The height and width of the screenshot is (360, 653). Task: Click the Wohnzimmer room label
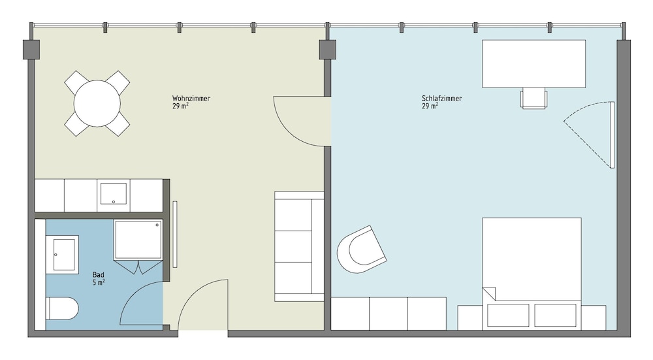pyautogui.click(x=191, y=99)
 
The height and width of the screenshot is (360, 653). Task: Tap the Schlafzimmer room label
pyautogui.click(x=441, y=99)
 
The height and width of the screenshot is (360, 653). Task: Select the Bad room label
pyautogui.click(x=99, y=274)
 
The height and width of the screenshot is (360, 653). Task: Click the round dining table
pyautogui.click(x=97, y=103)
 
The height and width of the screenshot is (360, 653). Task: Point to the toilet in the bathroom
pyautogui.click(x=62, y=308)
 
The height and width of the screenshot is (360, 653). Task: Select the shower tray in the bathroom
pyautogui.click(x=138, y=240)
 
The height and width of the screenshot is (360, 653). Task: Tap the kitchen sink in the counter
pyautogui.click(x=113, y=194)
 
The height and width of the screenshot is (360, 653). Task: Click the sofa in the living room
pyautogui.click(x=299, y=246)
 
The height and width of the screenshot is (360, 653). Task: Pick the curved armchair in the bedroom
pyautogui.click(x=360, y=250)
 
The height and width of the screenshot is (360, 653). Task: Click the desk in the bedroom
pyautogui.click(x=534, y=64)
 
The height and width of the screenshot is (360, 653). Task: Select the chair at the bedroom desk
pyautogui.click(x=534, y=99)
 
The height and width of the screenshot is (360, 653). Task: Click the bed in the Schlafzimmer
pyautogui.click(x=532, y=273)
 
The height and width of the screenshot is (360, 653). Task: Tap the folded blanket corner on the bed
pyautogui.click(x=488, y=293)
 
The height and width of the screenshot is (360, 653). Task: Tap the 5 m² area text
pyautogui.click(x=99, y=282)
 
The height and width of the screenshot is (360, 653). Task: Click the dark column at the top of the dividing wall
pyautogui.click(x=328, y=49)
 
